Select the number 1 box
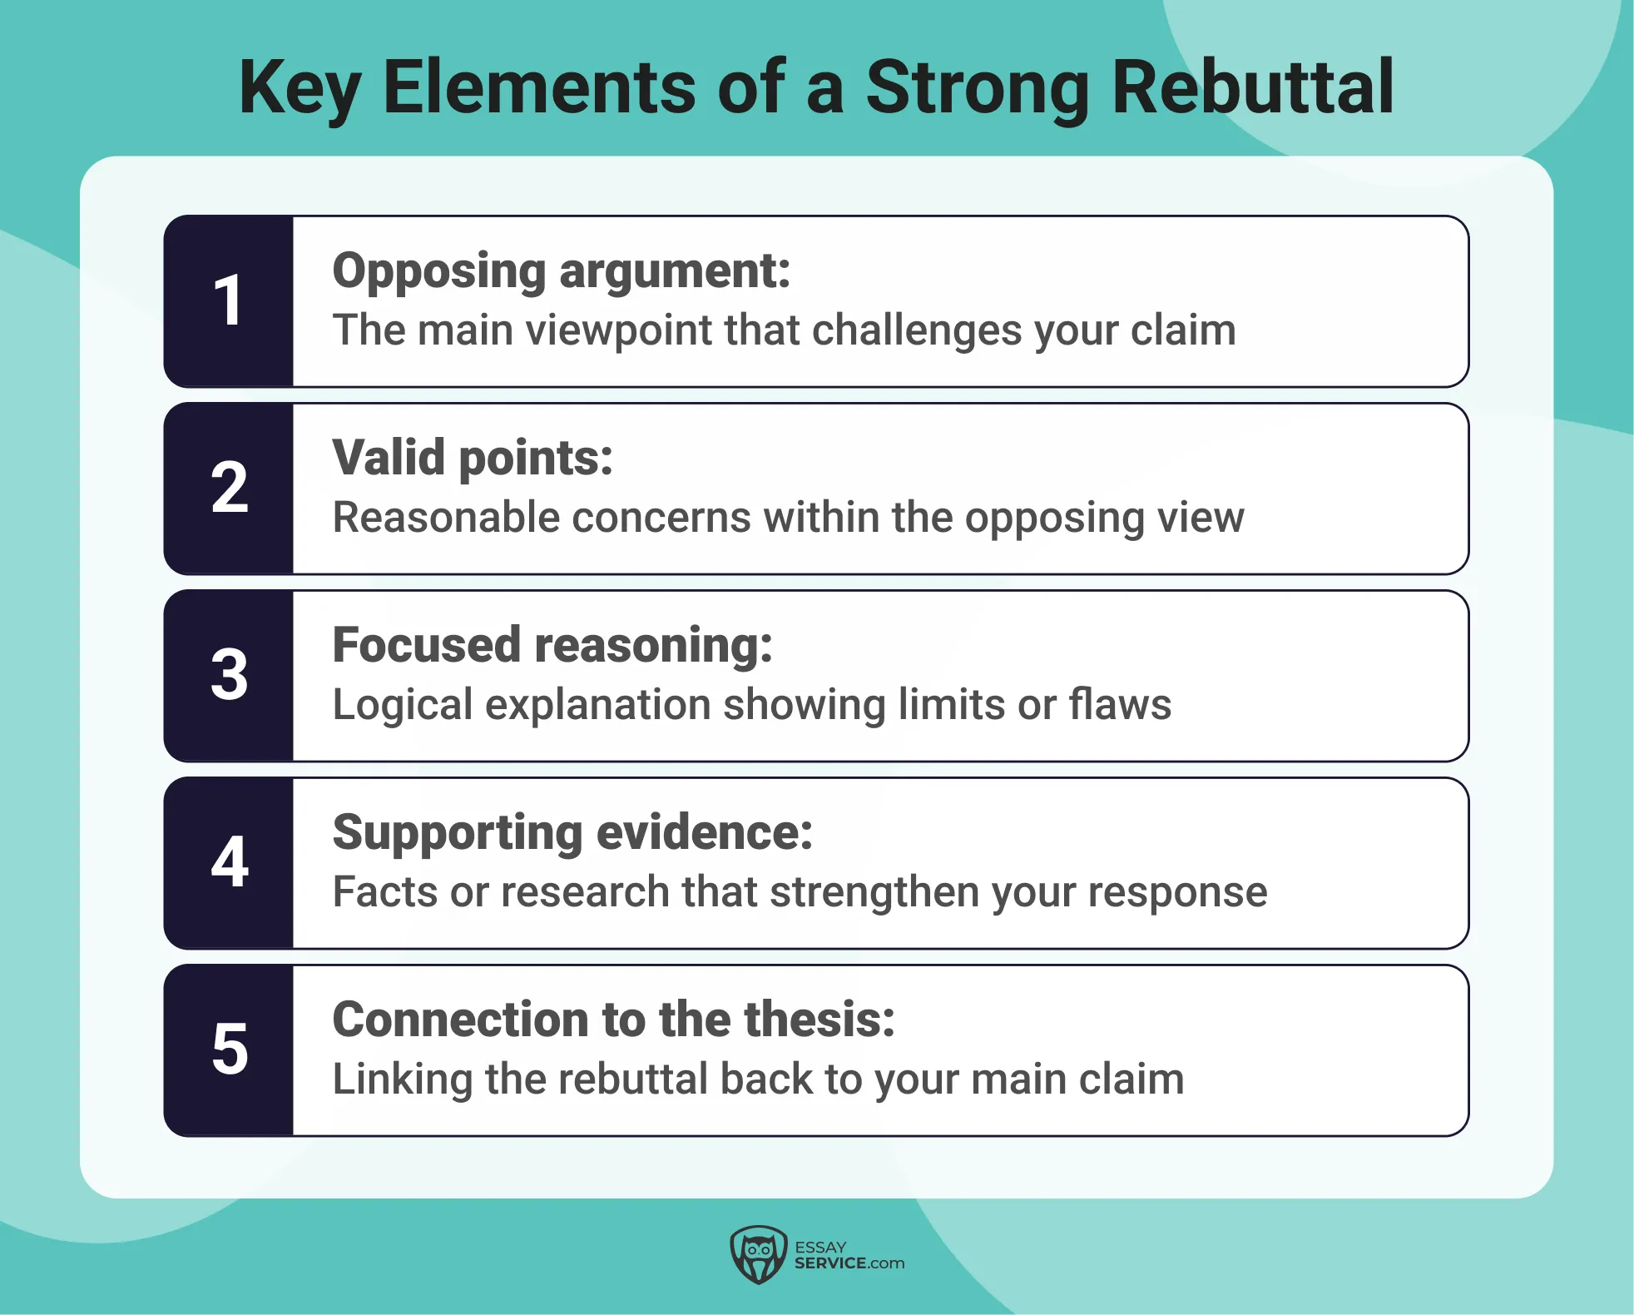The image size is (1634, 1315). pos(229,300)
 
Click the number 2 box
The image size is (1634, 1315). pos(229,488)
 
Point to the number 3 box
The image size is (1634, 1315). pos(229,675)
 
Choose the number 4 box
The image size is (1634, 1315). pos(229,862)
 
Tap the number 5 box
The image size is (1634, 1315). pos(229,1050)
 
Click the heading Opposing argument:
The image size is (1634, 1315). pos(562,271)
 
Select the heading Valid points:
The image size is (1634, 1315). pos(473,458)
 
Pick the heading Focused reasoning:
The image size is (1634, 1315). pos(552,645)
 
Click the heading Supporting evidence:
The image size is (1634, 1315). pos(572,832)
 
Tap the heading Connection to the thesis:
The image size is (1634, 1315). pos(613,1020)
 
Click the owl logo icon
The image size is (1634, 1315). pos(758,1254)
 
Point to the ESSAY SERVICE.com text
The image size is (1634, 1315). pos(849,1255)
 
